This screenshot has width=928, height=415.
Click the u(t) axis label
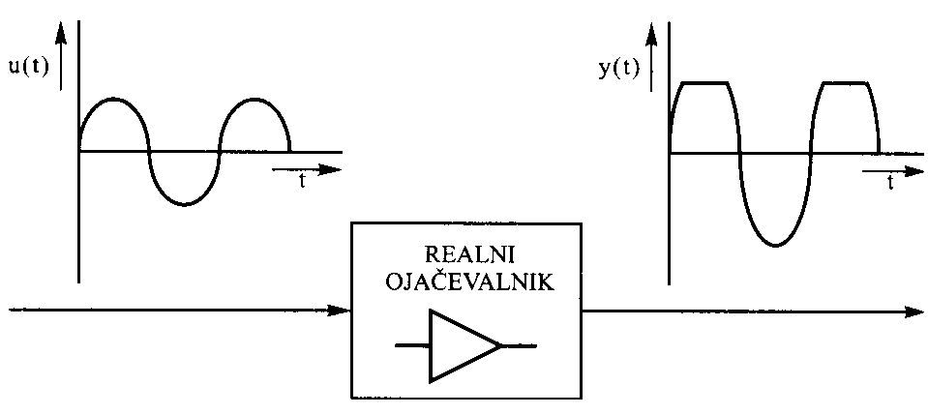pos(29,66)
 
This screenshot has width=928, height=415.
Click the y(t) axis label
pos(619,69)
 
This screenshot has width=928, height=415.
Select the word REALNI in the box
pos(470,254)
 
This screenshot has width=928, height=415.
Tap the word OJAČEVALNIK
pos(470,282)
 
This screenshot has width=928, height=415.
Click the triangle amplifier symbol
pos(465,345)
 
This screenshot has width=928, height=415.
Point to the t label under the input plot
pos(303,181)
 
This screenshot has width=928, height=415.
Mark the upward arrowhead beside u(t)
pos(61,34)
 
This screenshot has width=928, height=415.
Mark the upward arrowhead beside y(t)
pos(651,36)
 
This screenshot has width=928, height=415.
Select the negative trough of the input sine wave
pos(185,204)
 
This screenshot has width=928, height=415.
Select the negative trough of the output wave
pos(775,244)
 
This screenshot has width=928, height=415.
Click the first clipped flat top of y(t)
pos(704,83)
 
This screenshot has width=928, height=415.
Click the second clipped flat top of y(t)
pos(846,83)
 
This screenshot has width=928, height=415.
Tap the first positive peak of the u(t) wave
pos(113,99)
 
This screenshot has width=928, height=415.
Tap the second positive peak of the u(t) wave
pos(254,99)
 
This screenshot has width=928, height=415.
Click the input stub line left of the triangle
pos(412,344)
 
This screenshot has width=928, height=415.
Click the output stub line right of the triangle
pos(519,345)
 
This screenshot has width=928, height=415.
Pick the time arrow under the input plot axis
pos(307,170)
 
